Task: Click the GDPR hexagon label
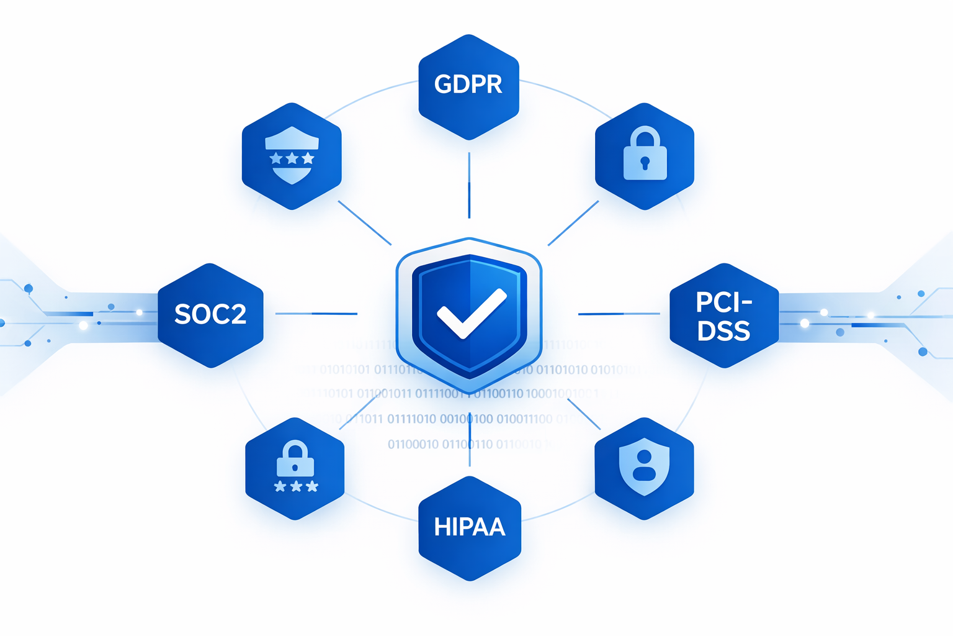pos(468,84)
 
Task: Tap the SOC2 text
pos(210,314)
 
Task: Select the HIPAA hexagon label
pos(470,527)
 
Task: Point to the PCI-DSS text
pos(723,316)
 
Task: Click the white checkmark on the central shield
pos(471,312)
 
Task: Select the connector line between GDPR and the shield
pos(469,185)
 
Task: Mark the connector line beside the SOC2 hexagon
pos(316,314)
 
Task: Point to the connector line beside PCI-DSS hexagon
pos(619,314)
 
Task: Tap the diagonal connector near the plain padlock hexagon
pos(573,223)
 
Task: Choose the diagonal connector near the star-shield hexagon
pos(364,222)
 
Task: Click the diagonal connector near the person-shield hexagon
pos(584,414)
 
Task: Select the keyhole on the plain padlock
pos(645,163)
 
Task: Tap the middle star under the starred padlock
pos(296,486)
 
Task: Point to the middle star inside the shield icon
pos(292,159)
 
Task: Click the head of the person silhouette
pos(645,457)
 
